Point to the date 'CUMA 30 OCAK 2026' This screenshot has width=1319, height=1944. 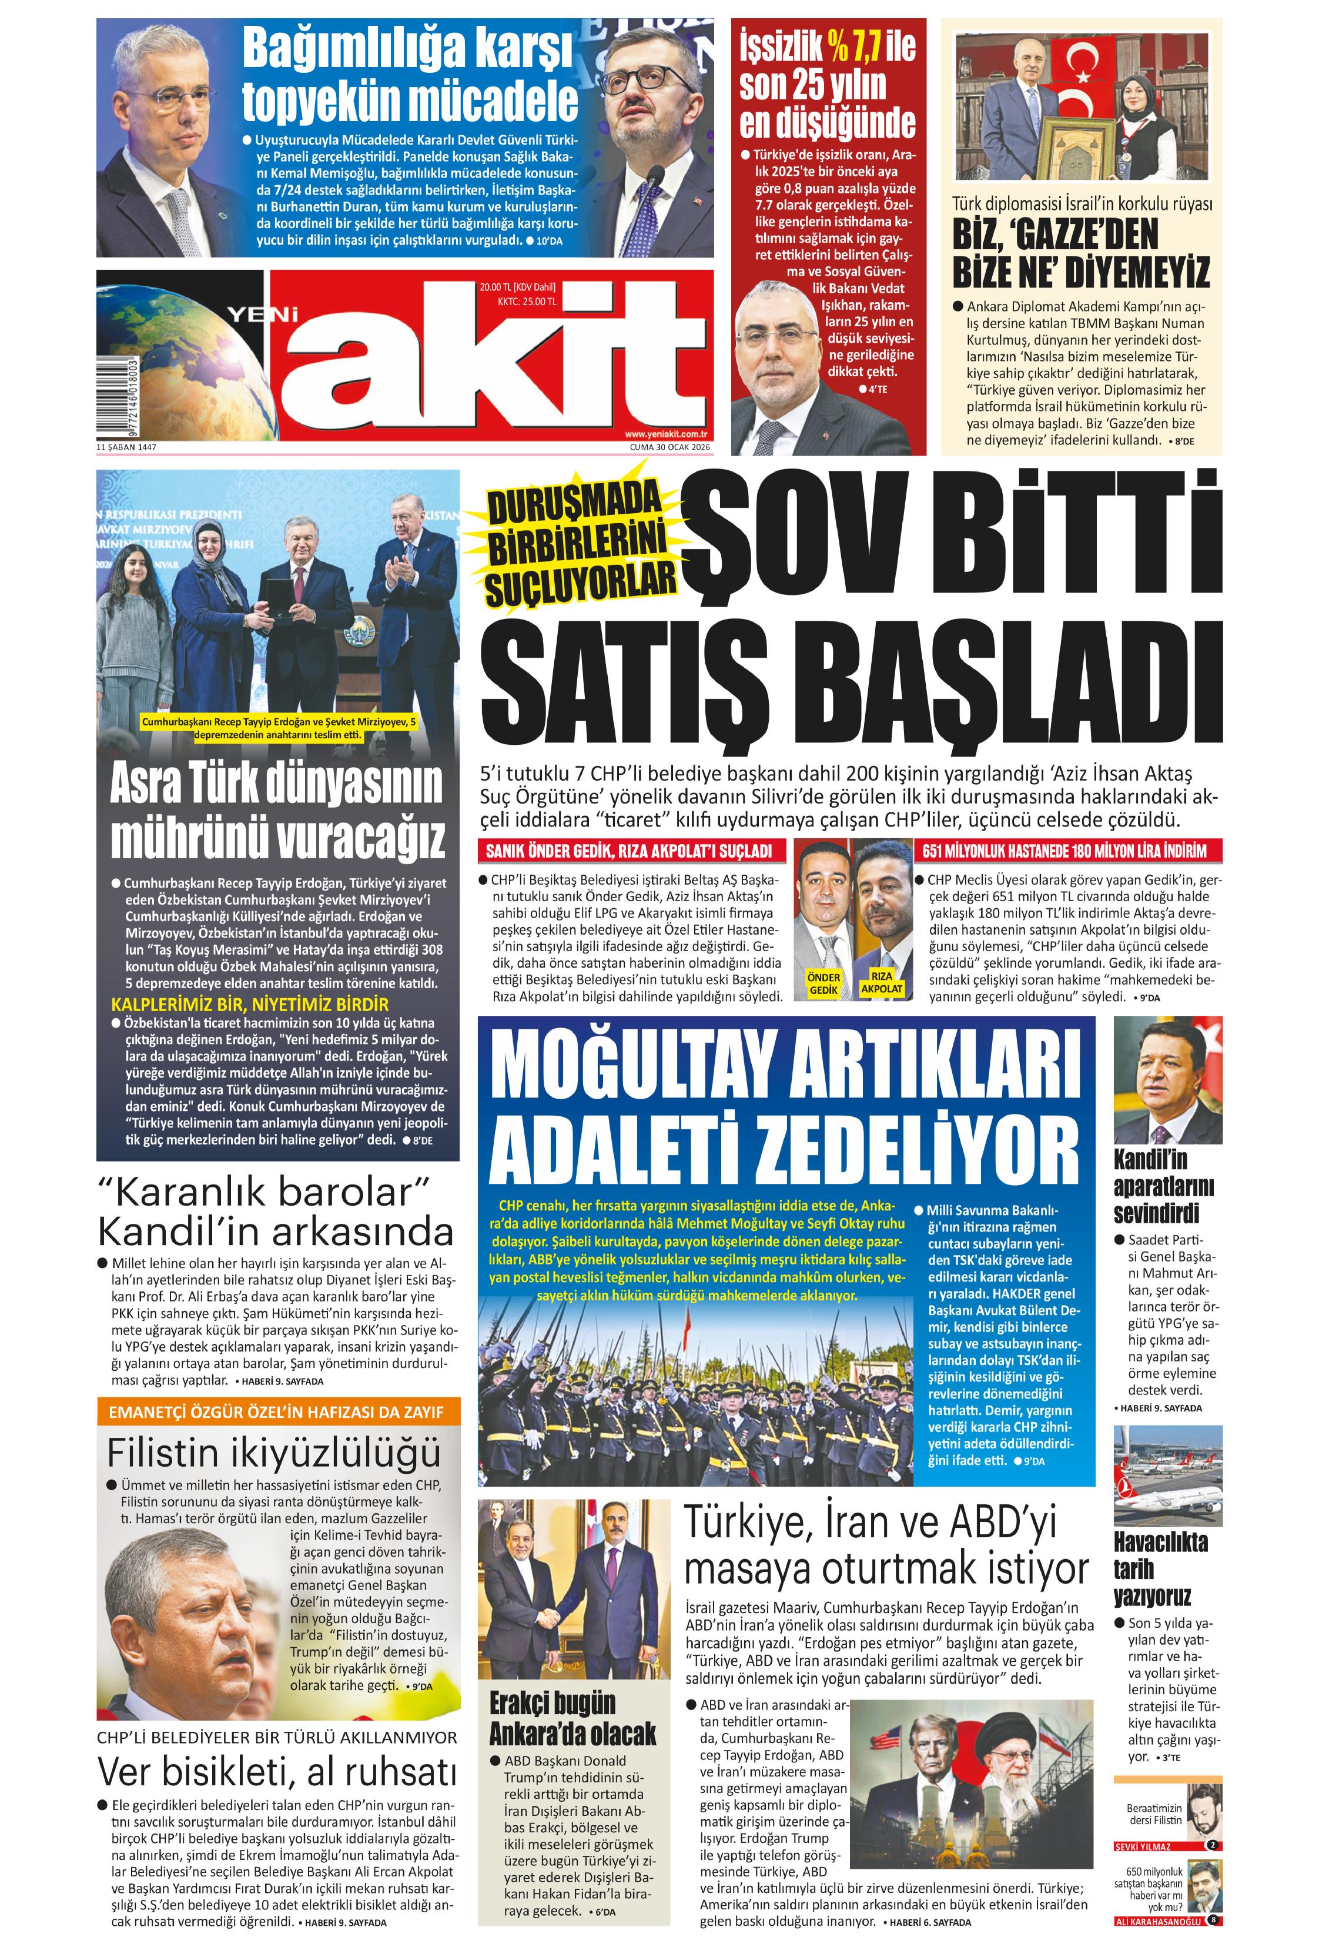click(669, 447)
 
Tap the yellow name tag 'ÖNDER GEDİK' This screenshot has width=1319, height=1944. click(823, 983)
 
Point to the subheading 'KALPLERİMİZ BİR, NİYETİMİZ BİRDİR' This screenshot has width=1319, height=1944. click(250, 1005)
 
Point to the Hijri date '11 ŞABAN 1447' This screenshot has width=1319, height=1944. click(126, 447)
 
